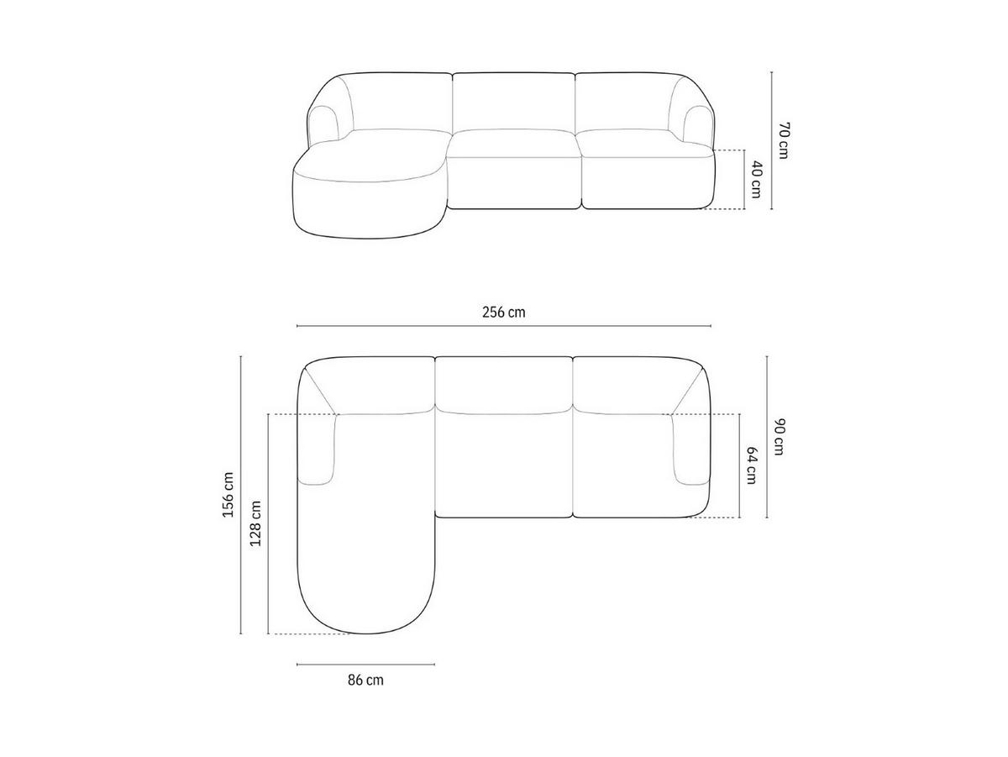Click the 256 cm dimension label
[x=503, y=313]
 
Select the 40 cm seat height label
[x=756, y=180]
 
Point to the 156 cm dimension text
[x=228, y=495]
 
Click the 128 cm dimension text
[x=255, y=523]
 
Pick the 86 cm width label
[x=365, y=681]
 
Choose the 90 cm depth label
[x=779, y=437]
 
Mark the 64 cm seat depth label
[x=751, y=465]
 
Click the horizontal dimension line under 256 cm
[x=504, y=326]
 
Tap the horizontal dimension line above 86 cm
[x=365, y=664]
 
